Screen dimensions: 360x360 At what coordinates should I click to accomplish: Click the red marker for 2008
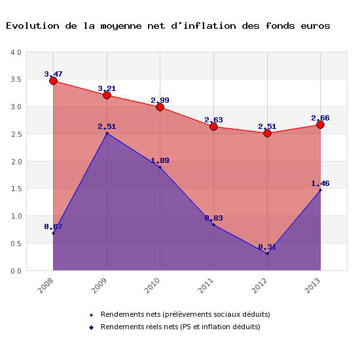pos(53,81)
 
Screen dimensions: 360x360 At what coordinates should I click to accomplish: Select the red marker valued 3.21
pos(107,95)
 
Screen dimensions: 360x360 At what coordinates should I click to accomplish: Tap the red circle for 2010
pos(160,107)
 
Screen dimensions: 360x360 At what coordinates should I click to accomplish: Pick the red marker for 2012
pos(267,133)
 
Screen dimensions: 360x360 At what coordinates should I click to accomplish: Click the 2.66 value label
pos(320,118)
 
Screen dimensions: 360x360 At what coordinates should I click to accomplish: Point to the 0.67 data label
pos(53,226)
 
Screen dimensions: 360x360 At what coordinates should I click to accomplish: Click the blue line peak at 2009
pos(107,133)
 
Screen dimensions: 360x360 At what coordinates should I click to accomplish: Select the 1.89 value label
pos(160,160)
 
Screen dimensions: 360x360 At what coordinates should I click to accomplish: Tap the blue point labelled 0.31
pos(267,253)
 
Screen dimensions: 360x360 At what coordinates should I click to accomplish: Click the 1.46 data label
pos(320,184)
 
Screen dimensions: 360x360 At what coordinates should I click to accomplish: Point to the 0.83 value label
pos(213,218)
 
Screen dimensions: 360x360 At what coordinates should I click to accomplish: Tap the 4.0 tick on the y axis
pos(15,52)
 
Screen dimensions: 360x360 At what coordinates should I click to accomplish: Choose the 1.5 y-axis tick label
pos(15,189)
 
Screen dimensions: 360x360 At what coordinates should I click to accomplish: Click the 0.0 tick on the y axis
pos(15,270)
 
